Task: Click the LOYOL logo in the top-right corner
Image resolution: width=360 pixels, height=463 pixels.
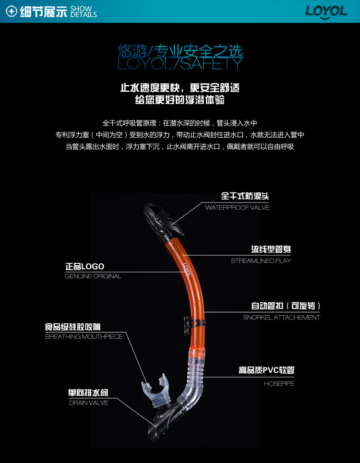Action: click(x=326, y=12)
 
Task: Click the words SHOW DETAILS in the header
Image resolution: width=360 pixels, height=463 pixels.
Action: click(x=84, y=12)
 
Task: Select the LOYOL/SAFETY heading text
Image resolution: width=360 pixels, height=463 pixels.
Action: click(x=180, y=63)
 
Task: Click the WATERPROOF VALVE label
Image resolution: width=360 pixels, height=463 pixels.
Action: click(x=237, y=208)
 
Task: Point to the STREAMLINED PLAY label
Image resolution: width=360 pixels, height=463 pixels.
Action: click(x=261, y=261)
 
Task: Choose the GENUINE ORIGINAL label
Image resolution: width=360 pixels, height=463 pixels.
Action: click(x=93, y=276)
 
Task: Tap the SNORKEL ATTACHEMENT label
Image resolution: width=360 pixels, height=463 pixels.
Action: click(x=281, y=318)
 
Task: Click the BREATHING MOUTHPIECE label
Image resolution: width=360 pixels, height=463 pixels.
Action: click(x=84, y=337)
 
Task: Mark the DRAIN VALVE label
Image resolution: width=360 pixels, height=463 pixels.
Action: click(x=89, y=403)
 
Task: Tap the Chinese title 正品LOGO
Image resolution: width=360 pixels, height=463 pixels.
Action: click(x=84, y=267)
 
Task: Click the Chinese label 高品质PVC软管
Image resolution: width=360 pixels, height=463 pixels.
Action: click(x=266, y=370)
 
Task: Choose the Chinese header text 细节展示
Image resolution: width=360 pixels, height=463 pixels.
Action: click(x=43, y=12)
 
